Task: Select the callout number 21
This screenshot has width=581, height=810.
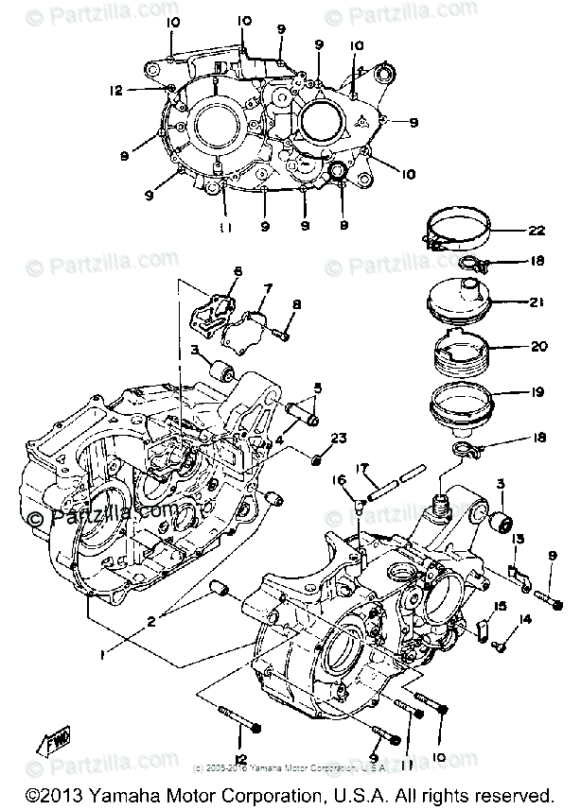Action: (537, 302)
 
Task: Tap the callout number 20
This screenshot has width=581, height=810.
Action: (537, 347)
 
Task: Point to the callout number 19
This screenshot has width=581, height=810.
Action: (537, 389)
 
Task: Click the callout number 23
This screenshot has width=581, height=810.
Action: (340, 438)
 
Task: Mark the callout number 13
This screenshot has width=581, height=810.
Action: (519, 540)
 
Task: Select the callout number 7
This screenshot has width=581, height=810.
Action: (268, 287)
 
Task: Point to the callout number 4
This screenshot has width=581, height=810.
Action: (281, 440)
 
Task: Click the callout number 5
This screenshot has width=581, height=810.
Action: (318, 388)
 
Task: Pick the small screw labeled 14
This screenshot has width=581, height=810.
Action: (501, 645)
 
